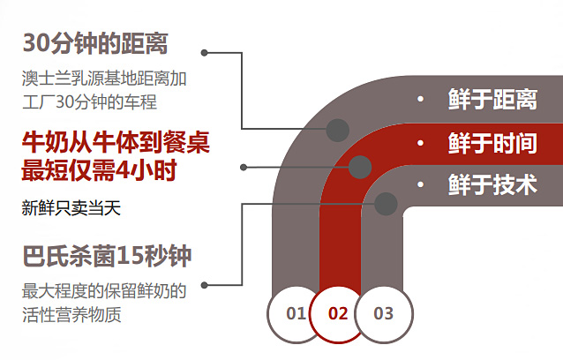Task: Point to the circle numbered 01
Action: click(296, 313)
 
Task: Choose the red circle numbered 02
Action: click(338, 313)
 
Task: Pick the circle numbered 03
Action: click(383, 313)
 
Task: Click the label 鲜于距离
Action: click(492, 99)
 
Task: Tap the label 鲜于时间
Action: click(492, 142)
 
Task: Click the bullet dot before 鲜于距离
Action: click(421, 99)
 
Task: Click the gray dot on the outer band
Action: click(337, 131)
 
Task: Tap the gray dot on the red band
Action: click(360, 166)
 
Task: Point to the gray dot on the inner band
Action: click(385, 204)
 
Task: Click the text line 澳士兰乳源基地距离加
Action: click(104, 79)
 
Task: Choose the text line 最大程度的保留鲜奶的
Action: click(104, 291)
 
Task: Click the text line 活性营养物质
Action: click(71, 313)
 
